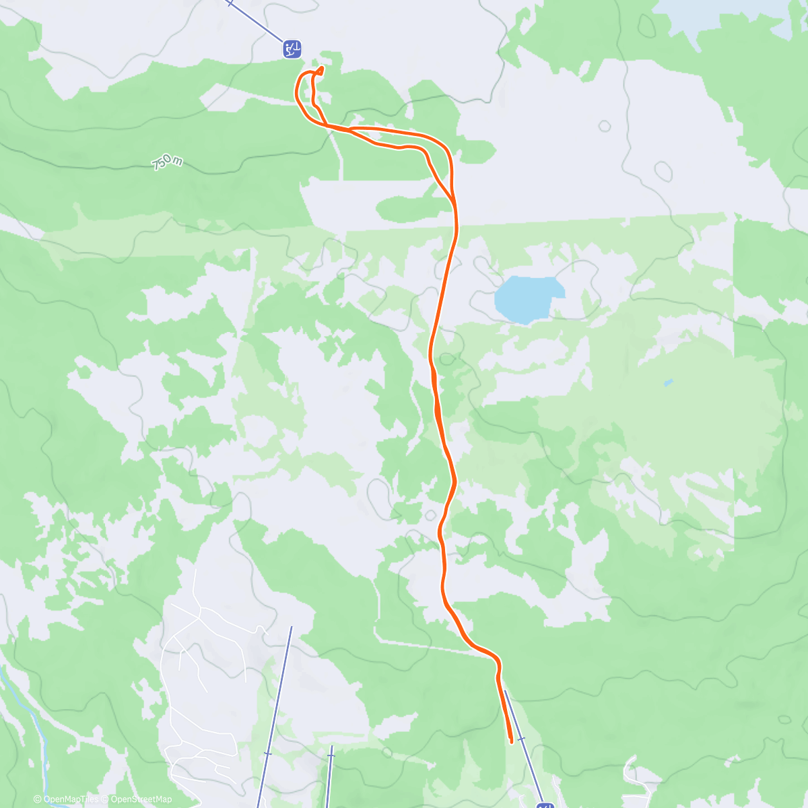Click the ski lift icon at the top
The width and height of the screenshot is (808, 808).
click(x=292, y=48)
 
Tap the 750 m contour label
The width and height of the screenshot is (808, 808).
click(x=167, y=162)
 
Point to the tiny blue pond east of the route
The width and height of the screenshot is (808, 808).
click(x=668, y=382)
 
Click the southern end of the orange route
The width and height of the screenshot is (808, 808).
click(x=512, y=741)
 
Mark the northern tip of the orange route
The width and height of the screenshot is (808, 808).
click(x=321, y=68)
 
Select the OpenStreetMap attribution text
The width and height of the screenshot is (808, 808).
click(x=141, y=799)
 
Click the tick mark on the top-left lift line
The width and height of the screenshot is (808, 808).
click(x=230, y=3)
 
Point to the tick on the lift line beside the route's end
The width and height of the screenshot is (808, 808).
click(x=520, y=739)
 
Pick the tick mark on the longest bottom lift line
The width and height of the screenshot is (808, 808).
click(x=268, y=753)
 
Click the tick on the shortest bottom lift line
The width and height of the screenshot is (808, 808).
click(x=330, y=756)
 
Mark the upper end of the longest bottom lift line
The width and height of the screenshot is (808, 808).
click(x=291, y=628)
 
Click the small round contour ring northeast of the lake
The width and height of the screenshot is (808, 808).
click(x=604, y=126)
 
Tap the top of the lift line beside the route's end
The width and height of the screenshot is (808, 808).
click(x=505, y=691)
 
